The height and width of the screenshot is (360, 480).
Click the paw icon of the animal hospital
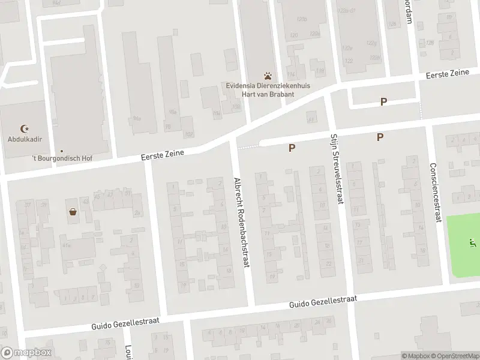pyautogui.click(x=268, y=76)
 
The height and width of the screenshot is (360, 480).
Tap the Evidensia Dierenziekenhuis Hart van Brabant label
pyautogui.click(x=268, y=90)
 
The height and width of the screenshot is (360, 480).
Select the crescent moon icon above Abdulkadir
pyautogui.click(x=25, y=128)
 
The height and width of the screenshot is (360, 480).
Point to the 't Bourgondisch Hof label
pyautogui.click(x=62, y=158)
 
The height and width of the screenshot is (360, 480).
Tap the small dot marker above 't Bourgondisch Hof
pyautogui.click(x=61, y=151)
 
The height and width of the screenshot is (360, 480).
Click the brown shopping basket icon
pyautogui.click(x=73, y=211)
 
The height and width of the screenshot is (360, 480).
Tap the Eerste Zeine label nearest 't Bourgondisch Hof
pyautogui.click(x=162, y=155)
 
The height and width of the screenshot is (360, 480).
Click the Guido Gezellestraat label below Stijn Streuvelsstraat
pyautogui.click(x=323, y=302)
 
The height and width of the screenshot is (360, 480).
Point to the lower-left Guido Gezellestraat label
pyautogui.click(x=125, y=325)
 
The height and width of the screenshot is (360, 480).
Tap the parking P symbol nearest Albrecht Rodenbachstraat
pyautogui.click(x=292, y=148)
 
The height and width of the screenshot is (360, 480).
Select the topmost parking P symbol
pyautogui.click(x=383, y=102)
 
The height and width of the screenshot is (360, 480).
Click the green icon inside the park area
pyautogui.click(x=472, y=244)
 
